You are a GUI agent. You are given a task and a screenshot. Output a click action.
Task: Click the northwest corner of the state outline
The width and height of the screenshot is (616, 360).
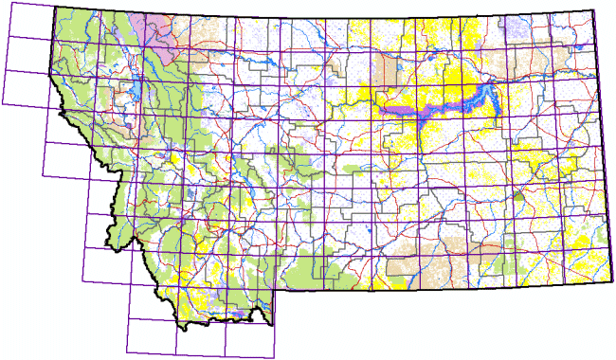click(x=55, y=9)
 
